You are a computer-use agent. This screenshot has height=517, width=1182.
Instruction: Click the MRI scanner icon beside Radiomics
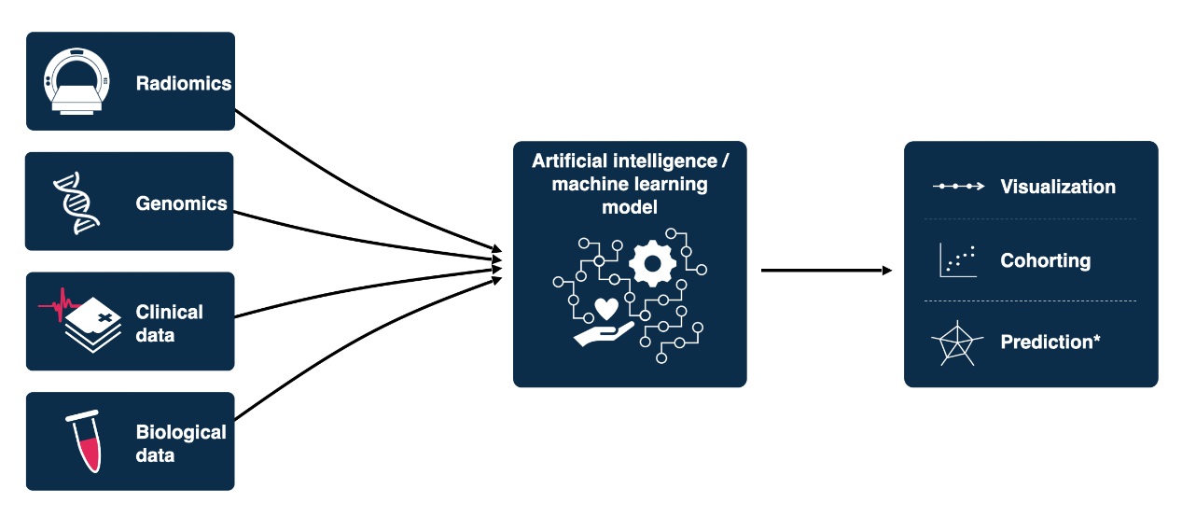point(76,82)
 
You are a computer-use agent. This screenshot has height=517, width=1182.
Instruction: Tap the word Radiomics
point(183,83)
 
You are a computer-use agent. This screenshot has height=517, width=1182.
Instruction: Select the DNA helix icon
point(76,202)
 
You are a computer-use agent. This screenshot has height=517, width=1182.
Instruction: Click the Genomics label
point(181,203)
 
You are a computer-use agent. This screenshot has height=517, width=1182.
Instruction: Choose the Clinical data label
point(169,322)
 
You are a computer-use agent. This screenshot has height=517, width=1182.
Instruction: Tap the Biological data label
point(181,442)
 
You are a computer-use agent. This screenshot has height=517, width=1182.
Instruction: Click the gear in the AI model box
point(651,262)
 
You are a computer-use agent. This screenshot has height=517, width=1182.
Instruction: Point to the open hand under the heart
point(602,333)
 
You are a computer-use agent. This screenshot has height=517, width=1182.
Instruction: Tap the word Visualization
point(1057,187)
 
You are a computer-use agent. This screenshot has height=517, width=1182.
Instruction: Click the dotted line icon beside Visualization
point(958,187)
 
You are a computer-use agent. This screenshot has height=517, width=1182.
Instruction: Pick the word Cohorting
point(1045,260)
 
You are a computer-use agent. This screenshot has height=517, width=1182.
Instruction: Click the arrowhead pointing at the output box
point(886,271)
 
